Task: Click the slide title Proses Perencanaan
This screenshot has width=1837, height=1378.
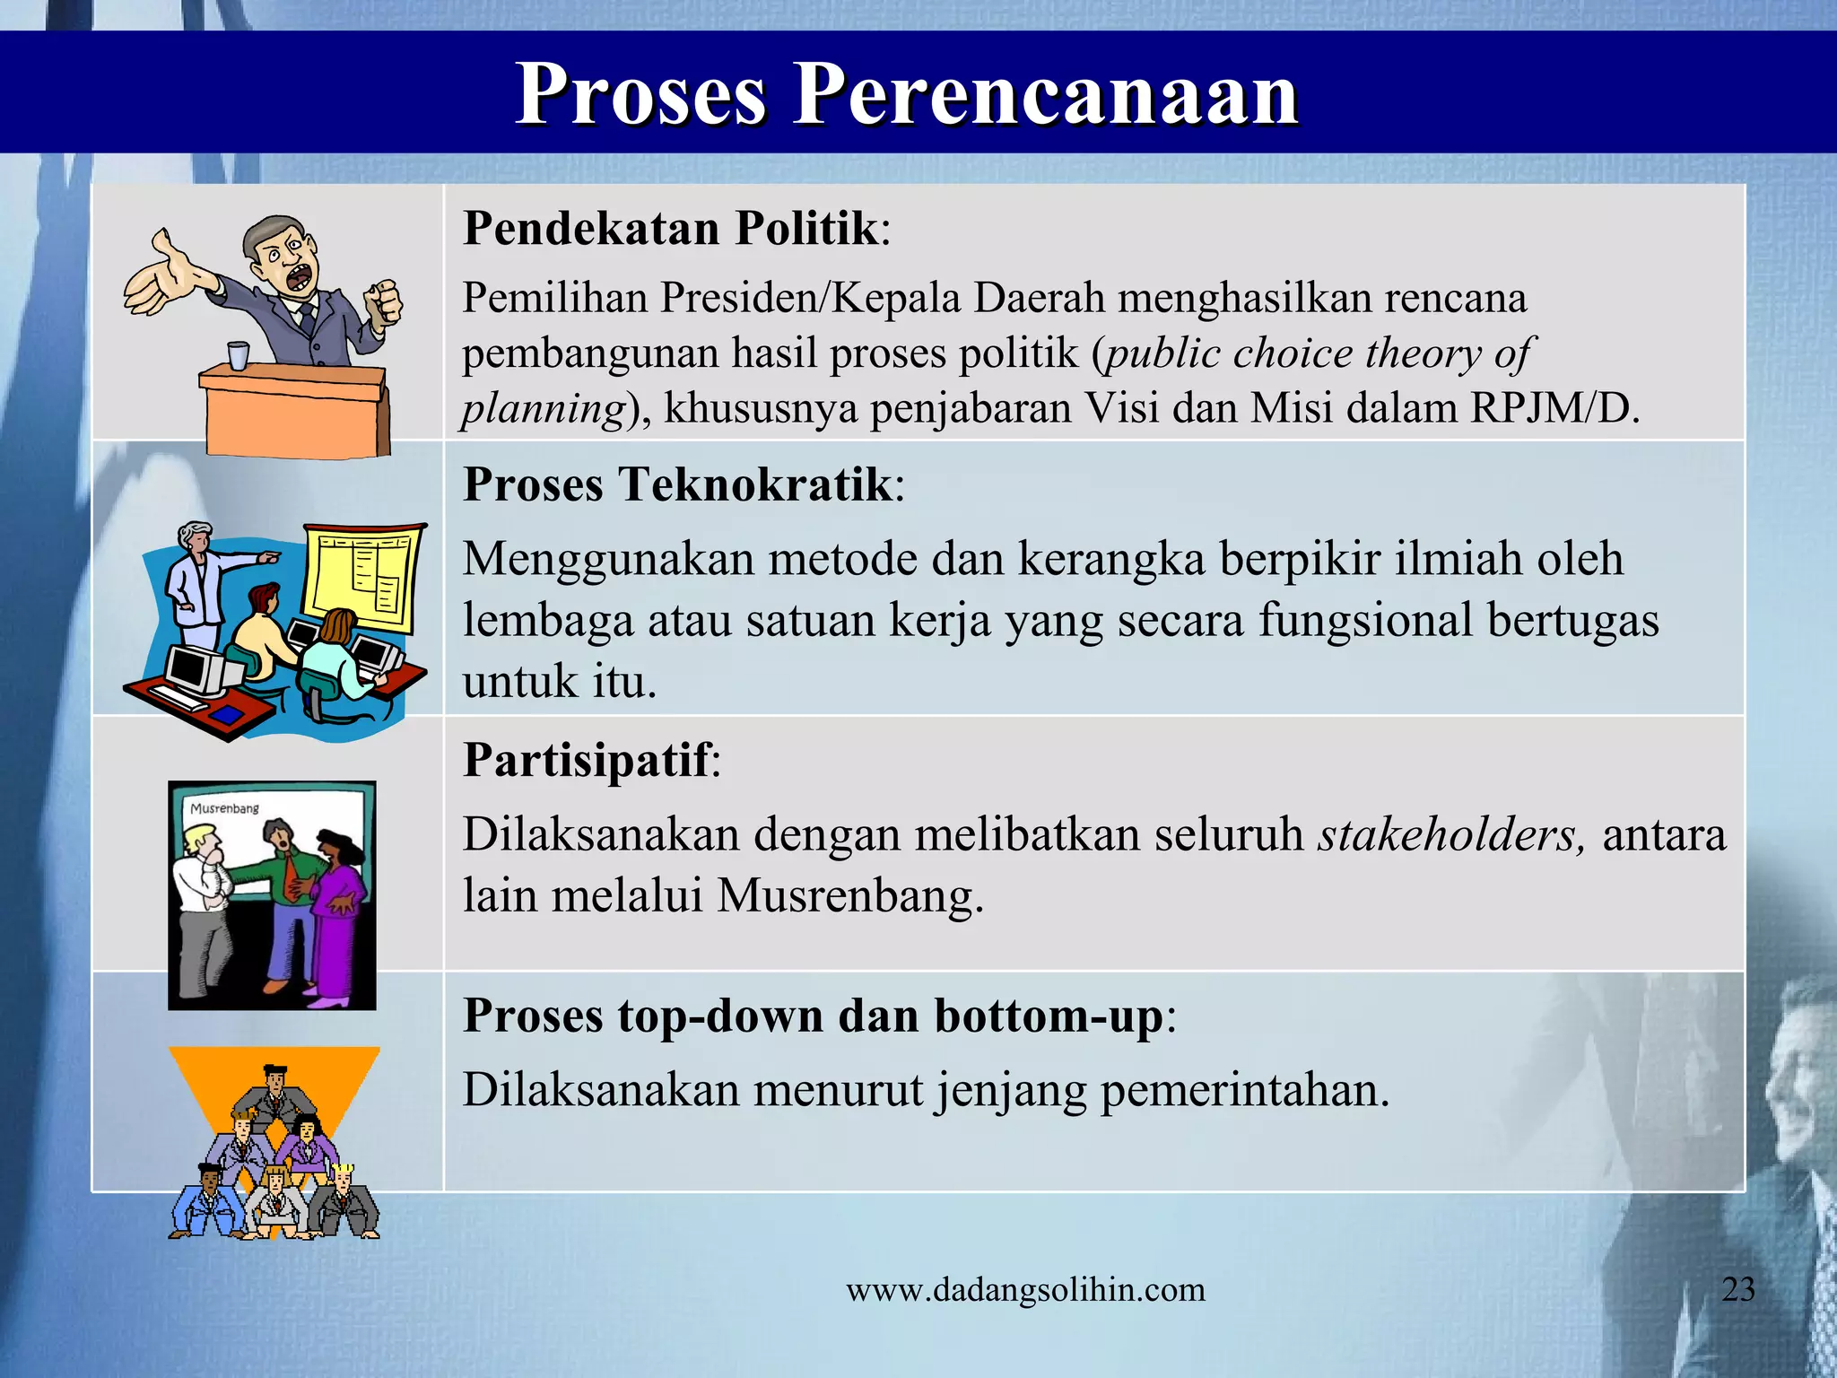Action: tap(907, 94)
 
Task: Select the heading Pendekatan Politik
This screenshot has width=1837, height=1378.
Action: tap(670, 228)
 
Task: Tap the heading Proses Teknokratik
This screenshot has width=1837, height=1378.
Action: tap(677, 484)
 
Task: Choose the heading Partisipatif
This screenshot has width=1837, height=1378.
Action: tap(587, 760)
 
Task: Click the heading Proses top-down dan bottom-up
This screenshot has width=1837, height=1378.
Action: tap(813, 1016)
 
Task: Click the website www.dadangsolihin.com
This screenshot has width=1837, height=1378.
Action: tap(1025, 1290)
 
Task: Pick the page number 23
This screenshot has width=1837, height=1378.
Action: tap(1738, 1289)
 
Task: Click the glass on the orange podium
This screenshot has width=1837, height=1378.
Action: tap(237, 355)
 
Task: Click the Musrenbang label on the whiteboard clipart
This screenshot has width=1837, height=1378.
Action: tap(224, 808)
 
